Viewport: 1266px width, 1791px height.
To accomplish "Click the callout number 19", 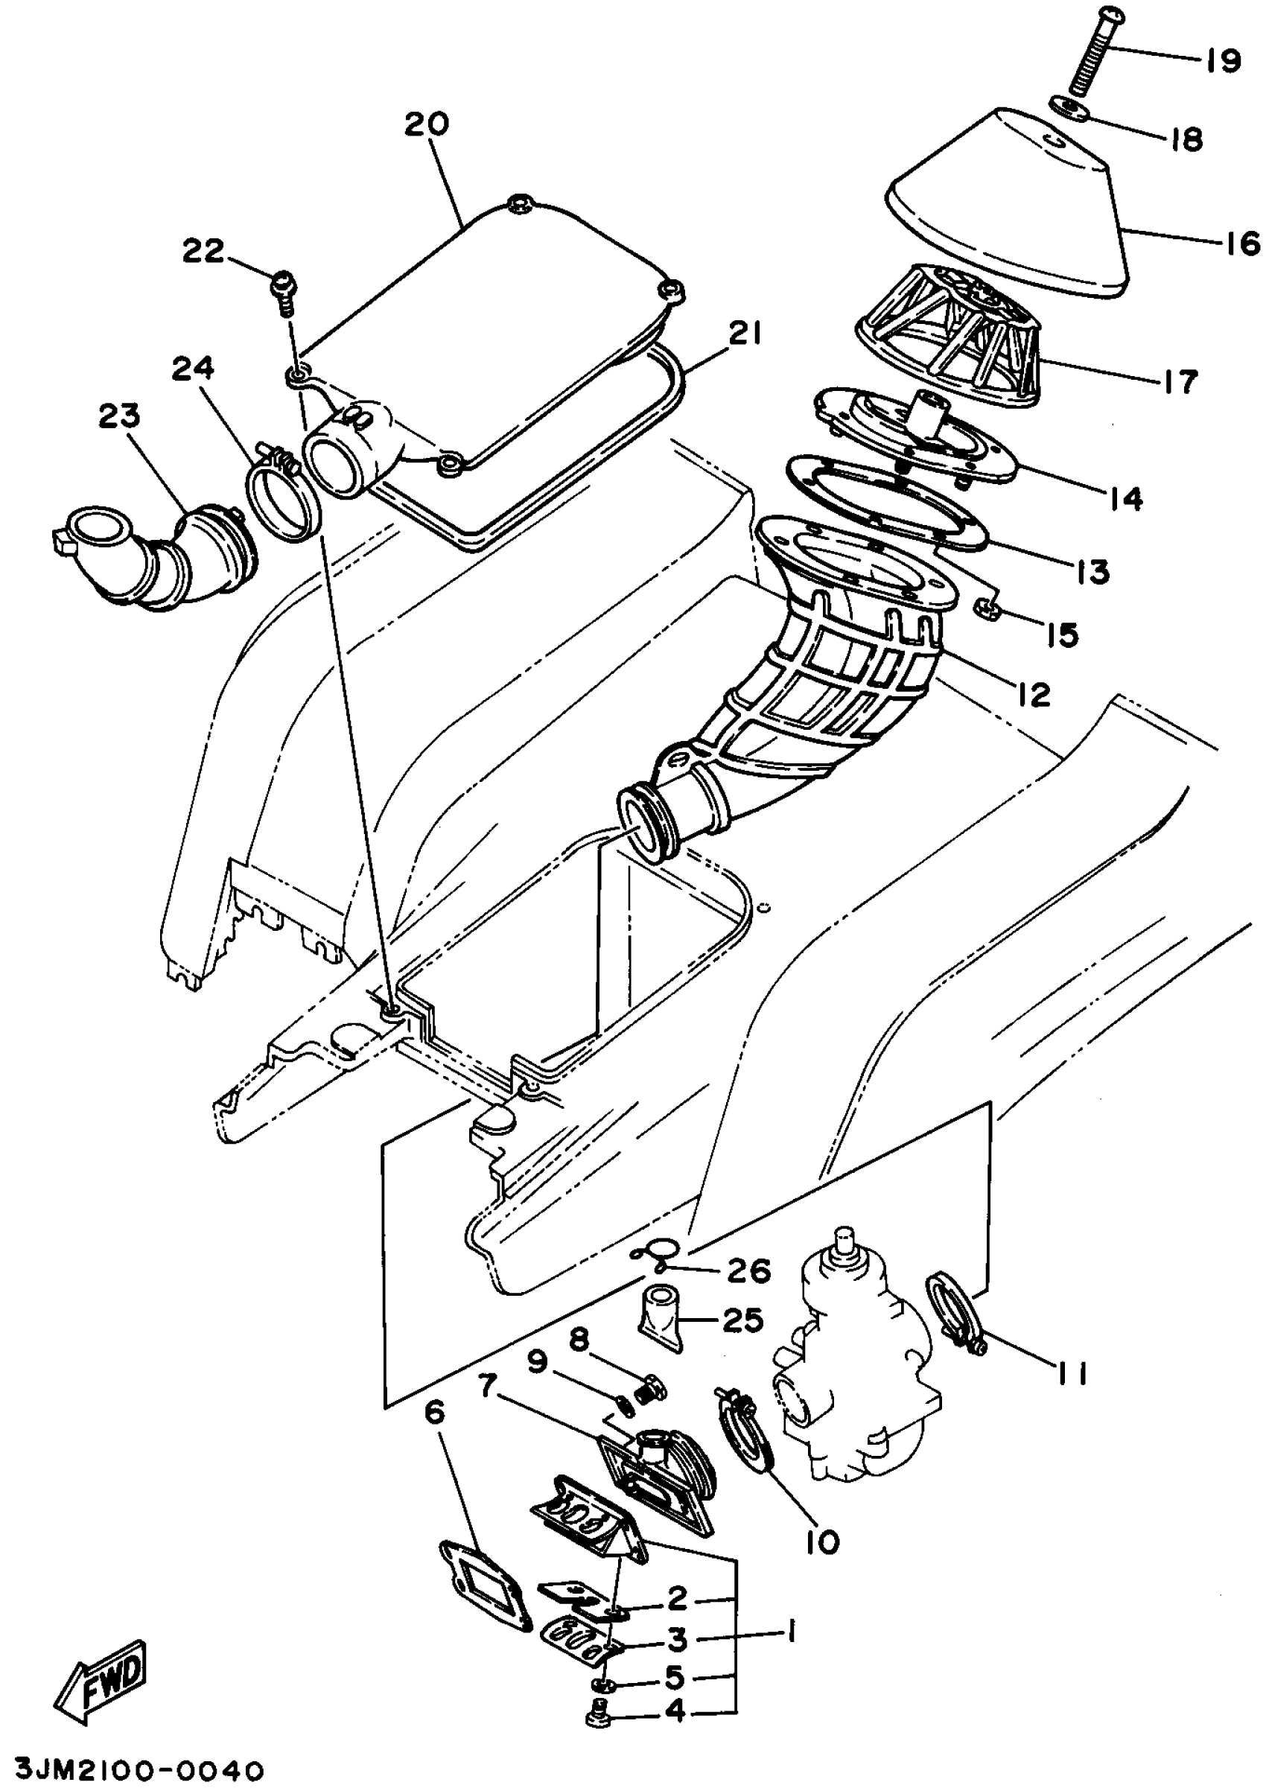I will coord(1222,60).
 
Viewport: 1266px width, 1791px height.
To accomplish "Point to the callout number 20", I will coord(427,124).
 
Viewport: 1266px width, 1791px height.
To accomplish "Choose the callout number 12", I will coord(1034,693).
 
